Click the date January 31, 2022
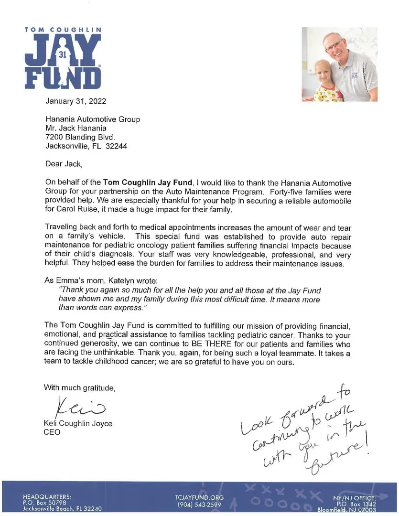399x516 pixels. tap(76, 101)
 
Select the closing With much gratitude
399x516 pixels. tap(79, 387)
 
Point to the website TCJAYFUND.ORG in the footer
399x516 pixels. tap(199, 498)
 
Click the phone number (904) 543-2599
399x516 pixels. tap(199, 505)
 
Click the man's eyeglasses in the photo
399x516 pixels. tap(335, 46)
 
